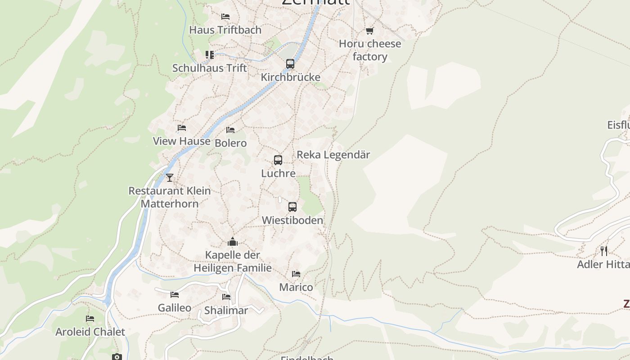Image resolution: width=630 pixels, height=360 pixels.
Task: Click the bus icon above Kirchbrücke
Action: (x=290, y=64)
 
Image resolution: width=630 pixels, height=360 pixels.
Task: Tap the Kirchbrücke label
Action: (x=291, y=77)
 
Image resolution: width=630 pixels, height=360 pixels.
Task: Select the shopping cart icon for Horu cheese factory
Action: (x=369, y=31)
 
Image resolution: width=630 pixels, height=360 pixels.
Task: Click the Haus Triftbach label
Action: (x=225, y=30)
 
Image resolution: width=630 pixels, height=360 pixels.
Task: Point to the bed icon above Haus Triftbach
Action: (x=225, y=17)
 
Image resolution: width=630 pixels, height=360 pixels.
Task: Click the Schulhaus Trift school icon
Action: (x=210, y=55)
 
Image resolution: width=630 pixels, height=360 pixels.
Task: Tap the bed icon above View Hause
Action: (x=182, y=128)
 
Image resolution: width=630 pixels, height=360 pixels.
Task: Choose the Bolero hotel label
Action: (x=231, y=143)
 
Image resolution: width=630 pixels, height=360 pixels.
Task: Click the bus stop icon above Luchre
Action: (x=278, y=160)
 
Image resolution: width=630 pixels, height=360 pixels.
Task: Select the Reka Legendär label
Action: (x=333, y=155)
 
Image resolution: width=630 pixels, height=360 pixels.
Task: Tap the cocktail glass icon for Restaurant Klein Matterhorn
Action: (x=170, y=178)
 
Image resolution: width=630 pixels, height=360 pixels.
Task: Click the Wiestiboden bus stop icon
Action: (x=292, y=207)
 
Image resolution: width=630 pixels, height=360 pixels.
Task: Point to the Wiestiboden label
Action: (x=292, y=220)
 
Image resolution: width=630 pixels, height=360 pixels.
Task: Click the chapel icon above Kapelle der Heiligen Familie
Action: (x=233, y=242)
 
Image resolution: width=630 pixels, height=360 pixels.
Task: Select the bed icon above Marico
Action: (x=296, y=274)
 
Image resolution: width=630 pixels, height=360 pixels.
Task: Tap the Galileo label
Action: (x=175, y=308)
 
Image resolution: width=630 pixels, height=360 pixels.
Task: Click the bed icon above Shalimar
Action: (x=226, y=297)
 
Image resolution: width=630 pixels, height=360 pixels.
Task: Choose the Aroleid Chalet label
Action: (x=90, y=332)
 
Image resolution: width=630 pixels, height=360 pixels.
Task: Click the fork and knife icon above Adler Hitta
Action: (x=604, y=251)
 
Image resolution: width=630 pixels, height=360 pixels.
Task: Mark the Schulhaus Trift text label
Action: (x=210, y=68)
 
